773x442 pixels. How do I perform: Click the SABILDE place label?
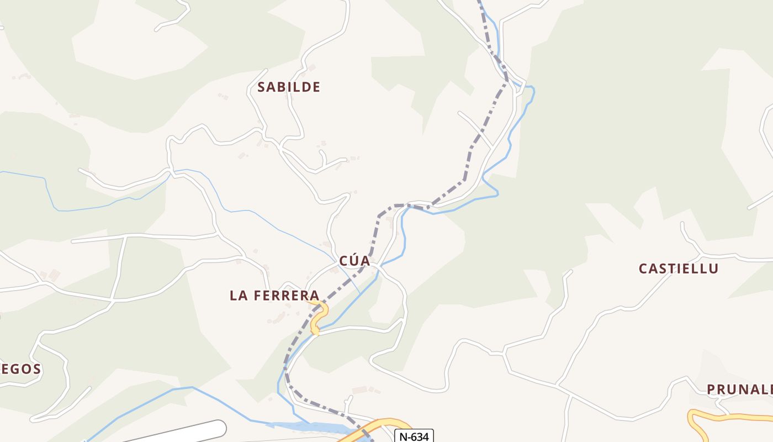(x=289, y=87)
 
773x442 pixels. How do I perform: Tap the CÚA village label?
(x=354, y=261)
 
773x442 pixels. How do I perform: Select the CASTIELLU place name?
(x=679, y=269)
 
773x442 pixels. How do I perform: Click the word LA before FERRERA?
(x=238, y=296)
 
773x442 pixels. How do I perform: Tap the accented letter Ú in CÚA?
(x=353, y=261)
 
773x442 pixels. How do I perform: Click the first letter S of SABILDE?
(x=262, y=87)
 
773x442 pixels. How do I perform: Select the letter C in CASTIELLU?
(x=643, y=269)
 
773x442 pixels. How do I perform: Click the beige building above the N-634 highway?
(x=359, y=390)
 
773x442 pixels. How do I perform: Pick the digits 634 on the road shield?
(x=420, y=436)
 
